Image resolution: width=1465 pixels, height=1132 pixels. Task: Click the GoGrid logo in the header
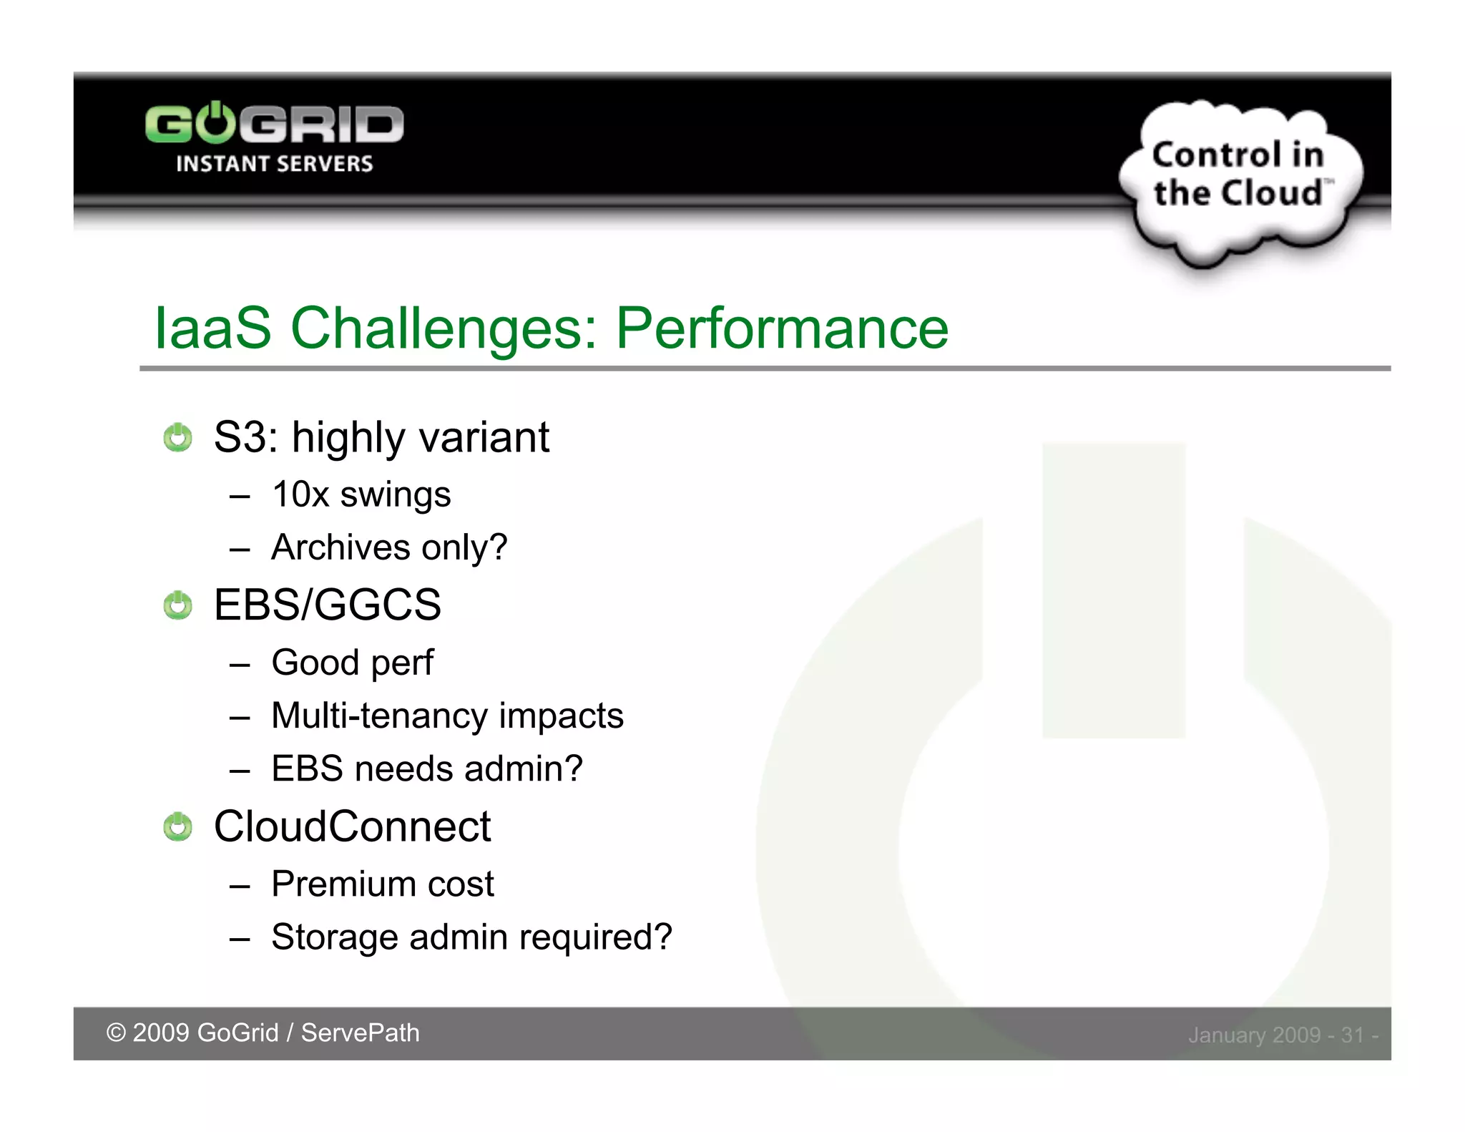274,125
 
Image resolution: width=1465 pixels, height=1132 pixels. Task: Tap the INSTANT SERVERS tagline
274,164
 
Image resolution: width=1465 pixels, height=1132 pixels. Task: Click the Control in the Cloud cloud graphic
1239,177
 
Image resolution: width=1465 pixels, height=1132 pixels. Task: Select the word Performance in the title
782,328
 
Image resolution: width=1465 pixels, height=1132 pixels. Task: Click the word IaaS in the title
212,328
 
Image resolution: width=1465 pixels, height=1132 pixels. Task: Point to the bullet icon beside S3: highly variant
177,437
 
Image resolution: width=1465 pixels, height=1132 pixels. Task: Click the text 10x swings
361,494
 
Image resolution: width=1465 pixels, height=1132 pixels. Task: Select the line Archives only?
389,547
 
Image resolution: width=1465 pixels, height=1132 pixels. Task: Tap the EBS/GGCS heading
327,605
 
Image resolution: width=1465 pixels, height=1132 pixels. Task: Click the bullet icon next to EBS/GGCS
177,605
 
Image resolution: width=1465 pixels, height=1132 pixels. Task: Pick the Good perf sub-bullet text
352,663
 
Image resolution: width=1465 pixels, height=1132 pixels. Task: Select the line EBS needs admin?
427,769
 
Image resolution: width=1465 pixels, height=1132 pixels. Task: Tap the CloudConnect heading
352,826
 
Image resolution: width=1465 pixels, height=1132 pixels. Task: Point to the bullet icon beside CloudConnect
177,827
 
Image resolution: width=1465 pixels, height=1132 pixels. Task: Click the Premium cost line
383,884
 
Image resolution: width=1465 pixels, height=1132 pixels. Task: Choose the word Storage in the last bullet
334,937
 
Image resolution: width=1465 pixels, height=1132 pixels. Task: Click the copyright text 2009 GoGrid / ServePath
263,1033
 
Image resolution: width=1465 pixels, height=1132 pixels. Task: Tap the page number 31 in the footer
1352,1035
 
